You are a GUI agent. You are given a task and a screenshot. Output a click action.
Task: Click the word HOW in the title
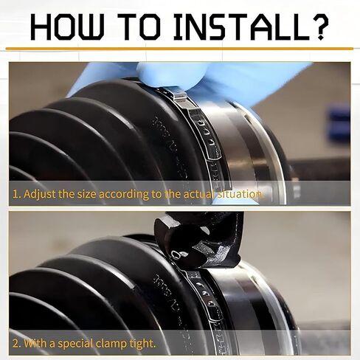pyautogui.click(x=67, y=27)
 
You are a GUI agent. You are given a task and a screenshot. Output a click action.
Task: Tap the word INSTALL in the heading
pyautogui.click(x=242, y=27)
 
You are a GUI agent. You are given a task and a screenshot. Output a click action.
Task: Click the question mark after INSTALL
pyautogui.click(x=320, y=27)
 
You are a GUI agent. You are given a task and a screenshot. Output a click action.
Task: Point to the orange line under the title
pyautogui.click(x=179, y=49)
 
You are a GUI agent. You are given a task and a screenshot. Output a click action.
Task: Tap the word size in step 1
pyautogui.click(x=86, y=194)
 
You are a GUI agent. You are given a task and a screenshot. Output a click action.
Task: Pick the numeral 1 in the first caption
pyautogui.click(x=15, y=195)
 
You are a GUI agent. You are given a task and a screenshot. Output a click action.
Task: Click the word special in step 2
pyautogui.click(x=75, y=344)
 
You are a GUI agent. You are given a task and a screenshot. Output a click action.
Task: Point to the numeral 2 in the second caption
pyautogui.click(x=15, y=344)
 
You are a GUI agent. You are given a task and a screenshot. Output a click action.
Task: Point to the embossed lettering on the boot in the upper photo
pyautogui.click(x=170, y=145)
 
